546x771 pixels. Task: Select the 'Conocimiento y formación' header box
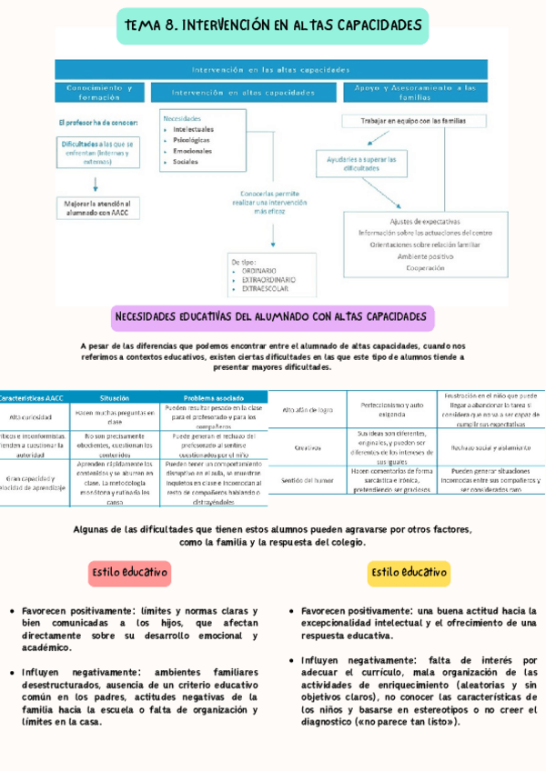pos(99,92)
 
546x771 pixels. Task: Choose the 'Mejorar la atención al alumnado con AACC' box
pos(97,208)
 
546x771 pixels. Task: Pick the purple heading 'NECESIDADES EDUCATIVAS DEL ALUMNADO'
pos(272,317)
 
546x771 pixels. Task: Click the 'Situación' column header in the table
pos(115,397)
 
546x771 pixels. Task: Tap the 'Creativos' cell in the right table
pos(308,447)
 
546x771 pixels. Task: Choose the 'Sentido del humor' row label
pos(308,479)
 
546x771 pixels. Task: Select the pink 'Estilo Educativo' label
pos(128,573)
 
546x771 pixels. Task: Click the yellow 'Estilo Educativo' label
pos(409,573)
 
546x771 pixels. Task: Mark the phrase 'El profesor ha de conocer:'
pos(96,122)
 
